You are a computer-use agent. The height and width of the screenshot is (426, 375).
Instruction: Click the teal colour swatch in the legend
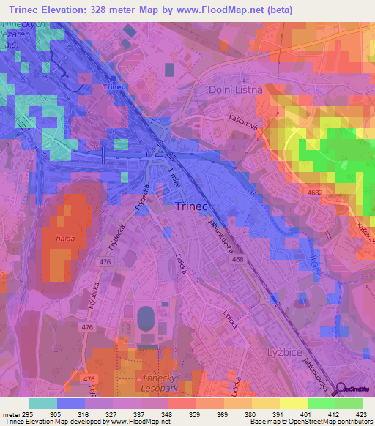tap(43, 403)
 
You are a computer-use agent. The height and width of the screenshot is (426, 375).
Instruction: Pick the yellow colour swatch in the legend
tap(294, 403)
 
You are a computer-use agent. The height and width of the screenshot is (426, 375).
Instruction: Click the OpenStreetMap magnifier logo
tap(339, 390)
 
